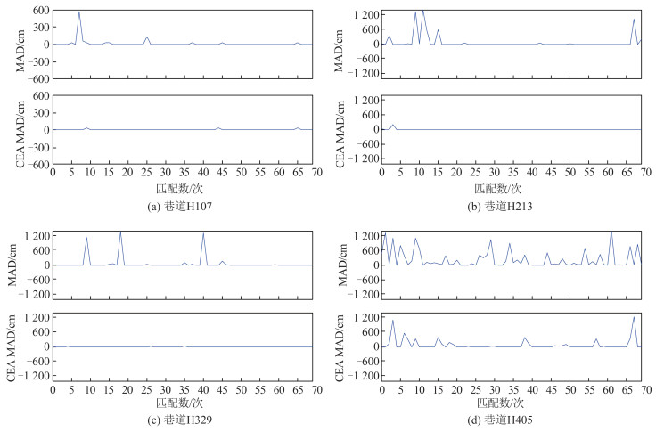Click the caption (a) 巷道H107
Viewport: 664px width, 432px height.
click(183, 205)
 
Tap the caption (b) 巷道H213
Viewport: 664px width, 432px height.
click(511, 205)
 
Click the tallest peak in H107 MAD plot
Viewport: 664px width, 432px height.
click(79, 12)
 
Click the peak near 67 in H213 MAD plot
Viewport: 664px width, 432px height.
click(634, 20)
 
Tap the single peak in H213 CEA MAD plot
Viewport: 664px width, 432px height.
click(392, 125)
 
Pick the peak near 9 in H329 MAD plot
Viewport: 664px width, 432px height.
click(86, 237)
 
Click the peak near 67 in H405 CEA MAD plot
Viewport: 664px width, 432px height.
click(634, 317)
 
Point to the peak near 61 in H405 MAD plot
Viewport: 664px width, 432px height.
click(611, 232)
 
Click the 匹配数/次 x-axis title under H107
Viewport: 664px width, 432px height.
click(183, 189)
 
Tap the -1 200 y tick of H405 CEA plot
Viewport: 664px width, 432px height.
click(358, 376)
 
